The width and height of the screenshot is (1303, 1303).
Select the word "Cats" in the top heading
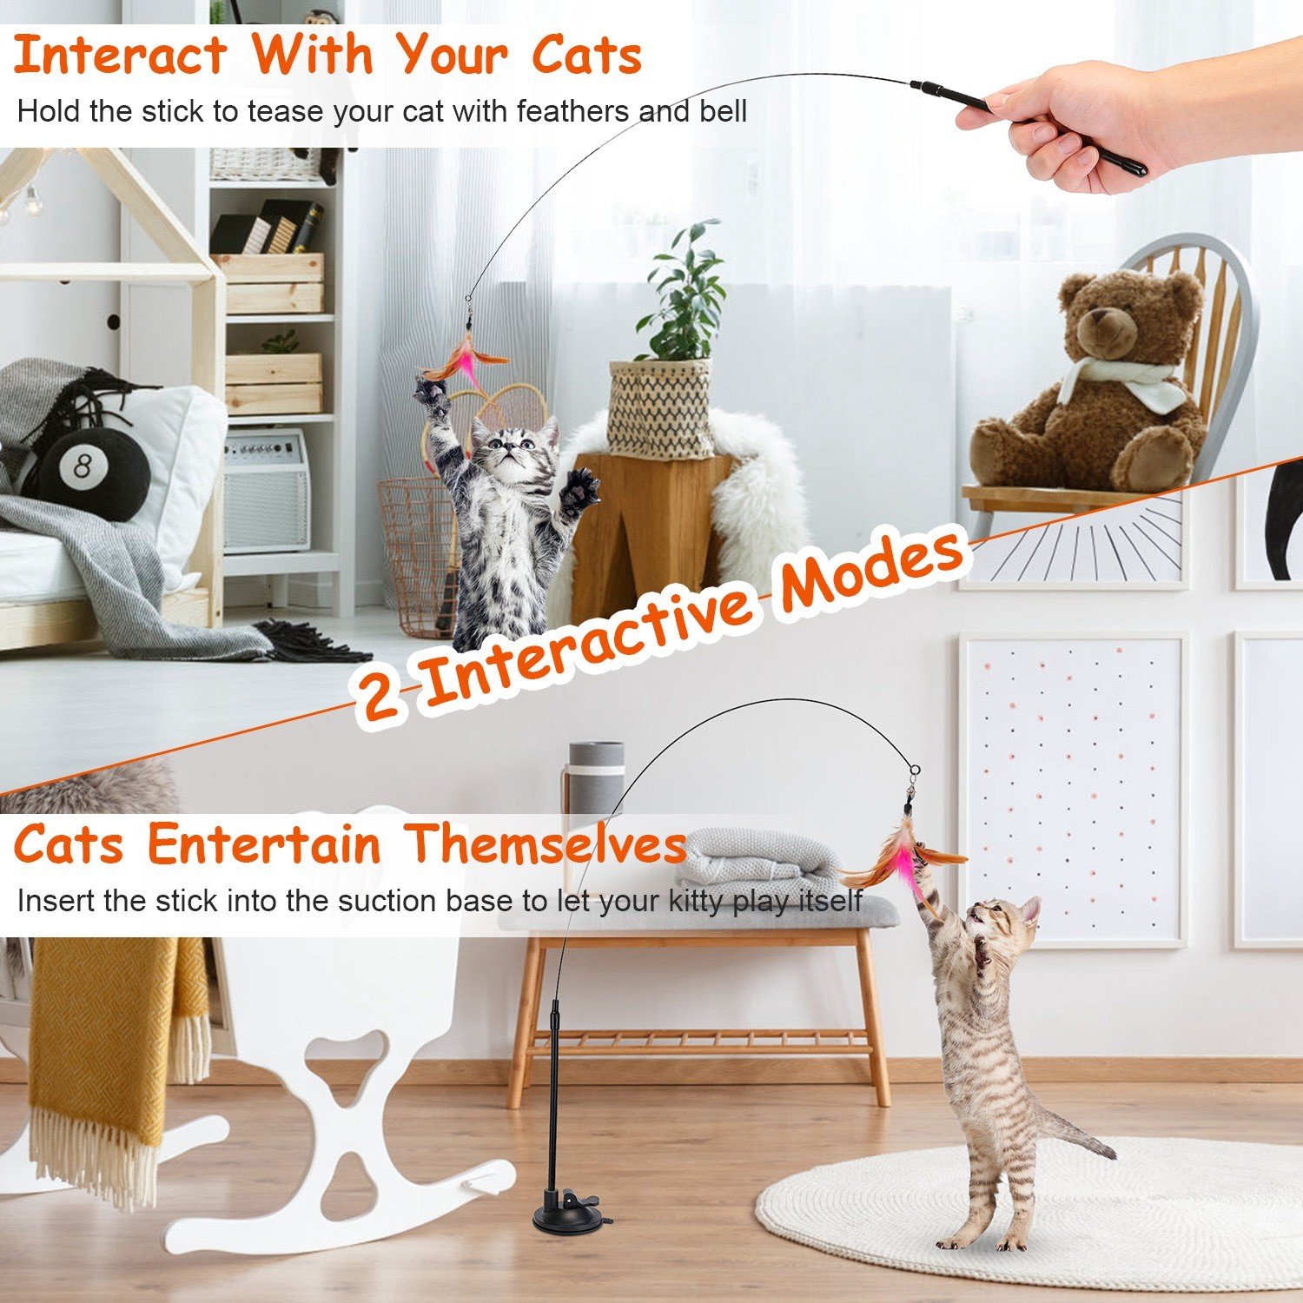tap(587, 56)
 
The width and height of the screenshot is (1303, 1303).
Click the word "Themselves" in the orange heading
tap(547, 843)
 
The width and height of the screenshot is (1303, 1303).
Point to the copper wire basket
tap(417, 556)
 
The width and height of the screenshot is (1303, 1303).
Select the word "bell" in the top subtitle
tap(723, 111)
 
